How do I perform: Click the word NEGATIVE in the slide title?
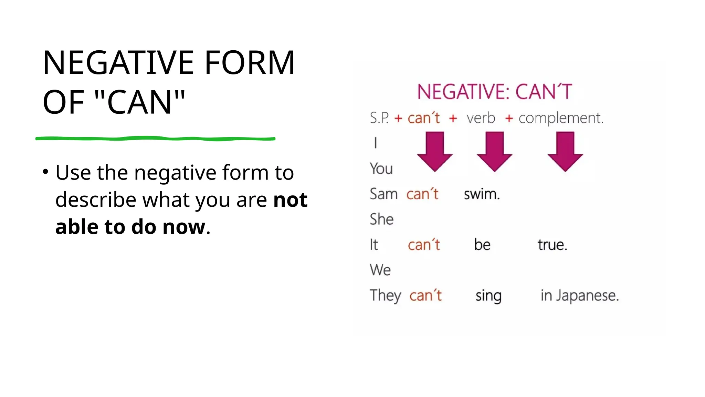(119, 63)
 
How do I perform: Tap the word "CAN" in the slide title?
(139, 102)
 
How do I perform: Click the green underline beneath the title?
(155, 139)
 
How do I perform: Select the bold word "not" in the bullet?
(290, 200)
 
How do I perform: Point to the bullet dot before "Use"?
(45, 172)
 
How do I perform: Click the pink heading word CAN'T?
(544, 92)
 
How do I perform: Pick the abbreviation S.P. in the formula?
(379, 118)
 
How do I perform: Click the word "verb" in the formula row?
(481, 118)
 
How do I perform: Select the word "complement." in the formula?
(561, 118)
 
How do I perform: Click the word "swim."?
(482, 194)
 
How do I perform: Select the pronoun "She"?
(381, 220)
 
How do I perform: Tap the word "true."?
(553, 245)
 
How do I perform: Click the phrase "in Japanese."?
(580, 296)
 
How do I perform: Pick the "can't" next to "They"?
(425, 296)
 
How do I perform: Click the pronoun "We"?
(380, 270)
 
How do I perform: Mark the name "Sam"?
(383, 194)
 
